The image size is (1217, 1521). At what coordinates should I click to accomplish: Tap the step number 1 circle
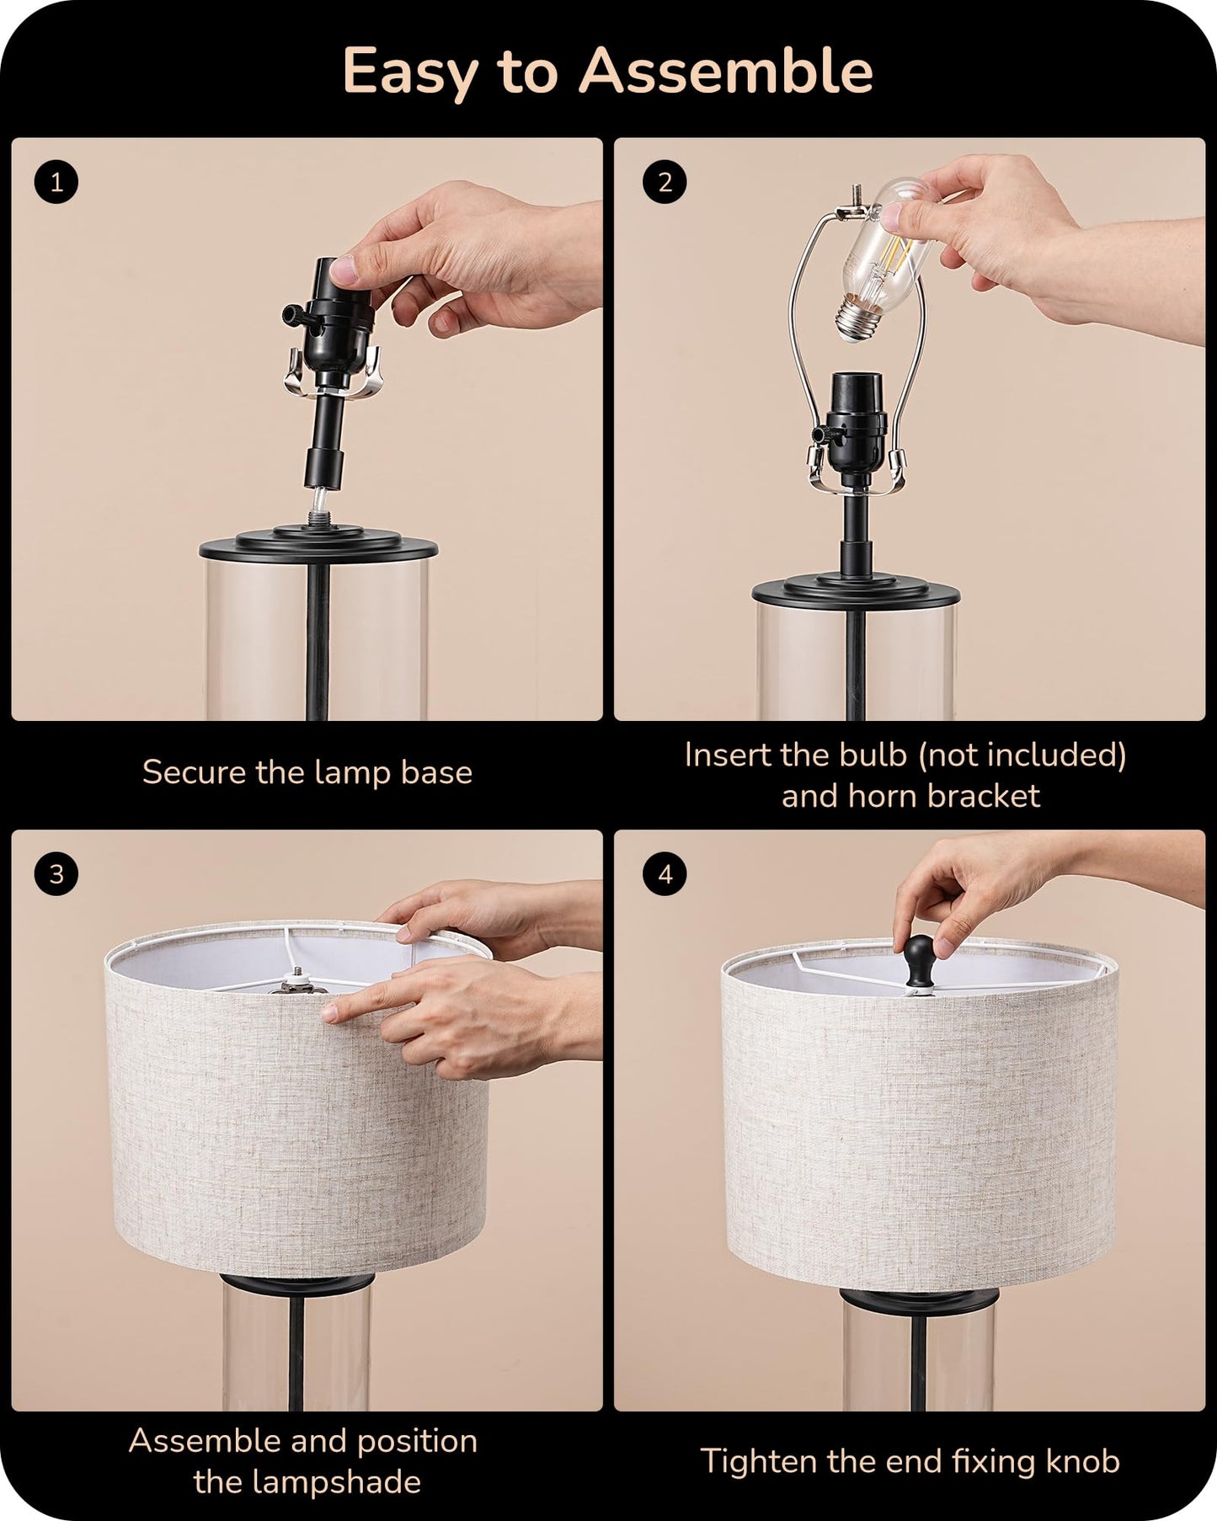[56, 183]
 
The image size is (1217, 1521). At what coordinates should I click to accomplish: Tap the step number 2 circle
[665, 183]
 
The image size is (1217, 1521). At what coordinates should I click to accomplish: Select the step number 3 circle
[56, 874]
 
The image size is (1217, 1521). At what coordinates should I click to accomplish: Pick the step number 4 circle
[665, 874]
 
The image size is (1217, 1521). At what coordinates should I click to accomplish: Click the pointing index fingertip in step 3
[332, 1012]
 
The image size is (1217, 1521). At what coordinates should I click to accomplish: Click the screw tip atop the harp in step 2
[857, 193]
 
